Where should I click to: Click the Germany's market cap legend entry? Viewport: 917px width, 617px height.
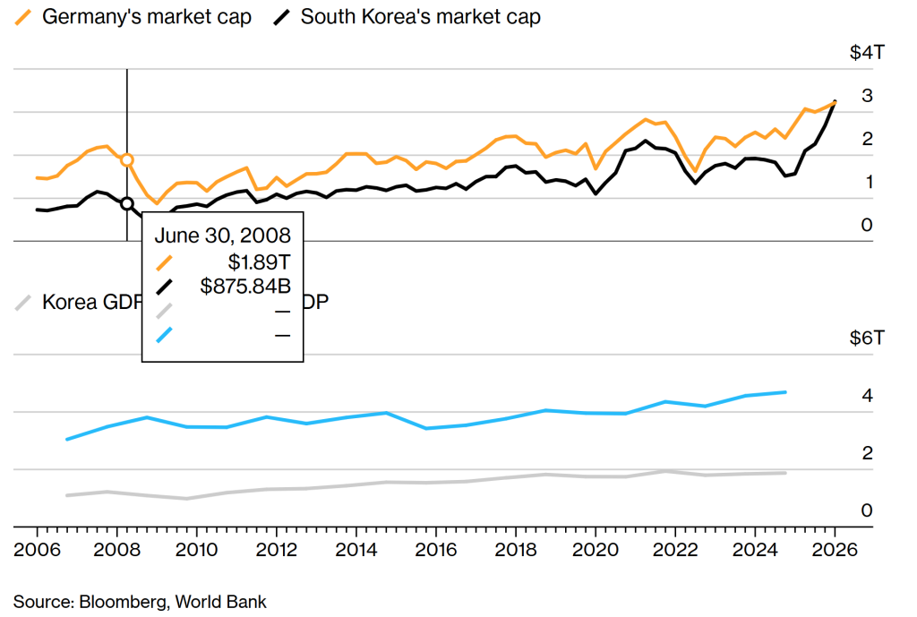[x=145, y=16]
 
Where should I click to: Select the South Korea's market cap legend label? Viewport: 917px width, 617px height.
[x=420, y=16]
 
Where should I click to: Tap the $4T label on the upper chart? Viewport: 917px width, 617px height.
[x=867, y=53]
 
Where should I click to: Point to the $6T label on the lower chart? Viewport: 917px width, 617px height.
[x=867, y=339]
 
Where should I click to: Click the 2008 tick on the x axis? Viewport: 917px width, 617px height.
[x=114, y=549]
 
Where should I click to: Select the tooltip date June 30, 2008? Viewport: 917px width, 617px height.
[x=223, y=236]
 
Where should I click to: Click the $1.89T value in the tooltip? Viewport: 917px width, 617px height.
[x=260, y=262]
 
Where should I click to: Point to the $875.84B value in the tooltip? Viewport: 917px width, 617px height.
[x=245, y=287]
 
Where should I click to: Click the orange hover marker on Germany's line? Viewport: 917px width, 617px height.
[x=127, y=160]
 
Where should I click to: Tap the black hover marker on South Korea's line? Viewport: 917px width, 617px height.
[x=127, y=203]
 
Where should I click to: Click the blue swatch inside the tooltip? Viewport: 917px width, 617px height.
[x=164, y=335]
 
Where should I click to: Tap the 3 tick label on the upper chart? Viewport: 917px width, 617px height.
[x=867, y=96]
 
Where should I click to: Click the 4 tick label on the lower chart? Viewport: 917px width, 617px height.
[x=867, y=397]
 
